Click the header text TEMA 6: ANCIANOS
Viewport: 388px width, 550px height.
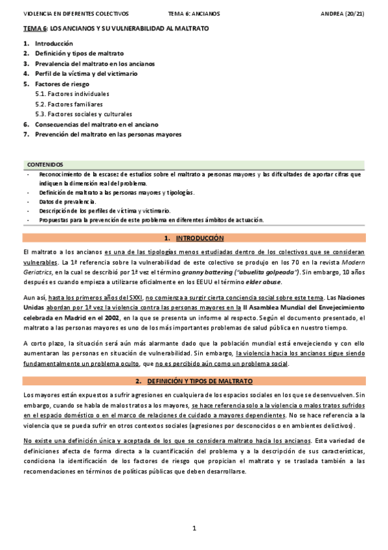194,13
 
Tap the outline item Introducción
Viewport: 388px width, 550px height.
54,43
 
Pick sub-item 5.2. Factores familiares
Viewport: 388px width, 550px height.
69,104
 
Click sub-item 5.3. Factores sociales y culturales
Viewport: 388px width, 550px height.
84,114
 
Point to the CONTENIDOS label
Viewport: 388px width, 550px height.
45,165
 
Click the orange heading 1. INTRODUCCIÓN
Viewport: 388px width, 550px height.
194,238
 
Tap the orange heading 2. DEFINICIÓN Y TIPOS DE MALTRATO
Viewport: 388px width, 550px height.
194,380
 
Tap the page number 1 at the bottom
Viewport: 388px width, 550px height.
194,529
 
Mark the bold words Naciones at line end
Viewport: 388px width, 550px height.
350,296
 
